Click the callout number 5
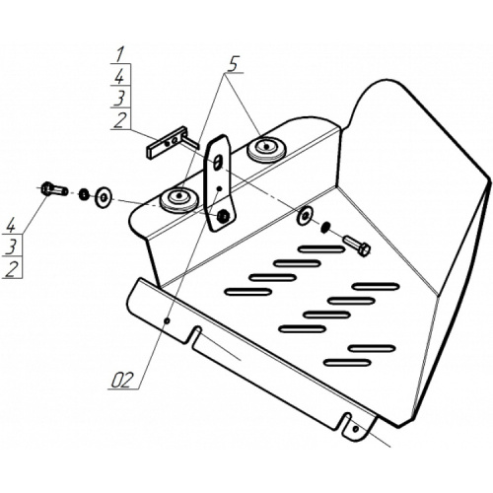[x=233, y=64]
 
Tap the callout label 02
[x=122, y=381]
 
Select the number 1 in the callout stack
[x=119, y=54]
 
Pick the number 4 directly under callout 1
[x=119, y=76]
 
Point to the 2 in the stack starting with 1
[x=120, y=120]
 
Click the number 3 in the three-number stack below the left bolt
[x=11, y=246]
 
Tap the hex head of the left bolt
[x=46, y=188]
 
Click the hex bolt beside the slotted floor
[x=357, y=246]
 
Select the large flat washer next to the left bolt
[x=104, y=197]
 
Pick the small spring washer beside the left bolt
[x=85, y=194]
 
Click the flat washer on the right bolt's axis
[x=305, y=216]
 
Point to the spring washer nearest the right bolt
[x=325, y=227]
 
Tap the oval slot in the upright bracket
[x=217, y=163]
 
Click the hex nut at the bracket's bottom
[x=224, y=215]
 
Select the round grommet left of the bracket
[x=179, y=199]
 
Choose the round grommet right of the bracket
[x=266, y=149]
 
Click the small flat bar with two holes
[x=165, y=144]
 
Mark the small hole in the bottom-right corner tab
[x=355, y=429]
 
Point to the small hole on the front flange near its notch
[x=167, y=320]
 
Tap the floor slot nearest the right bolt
[x=321, y=249]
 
